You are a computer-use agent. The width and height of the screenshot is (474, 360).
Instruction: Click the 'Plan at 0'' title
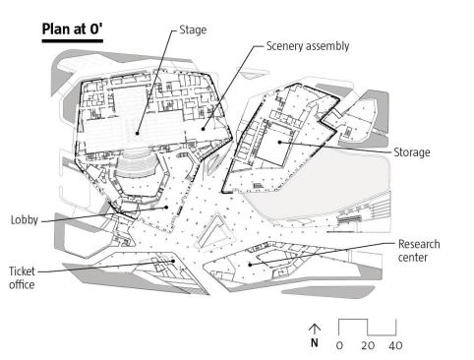click(73, 29)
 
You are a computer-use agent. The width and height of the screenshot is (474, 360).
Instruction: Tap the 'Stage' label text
click(193, 30)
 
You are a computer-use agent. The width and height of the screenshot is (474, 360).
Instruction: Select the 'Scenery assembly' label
click(308, 46)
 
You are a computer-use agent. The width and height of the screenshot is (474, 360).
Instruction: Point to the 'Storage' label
click(412, 152)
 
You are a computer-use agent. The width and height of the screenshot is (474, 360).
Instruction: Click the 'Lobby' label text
click(25, 219)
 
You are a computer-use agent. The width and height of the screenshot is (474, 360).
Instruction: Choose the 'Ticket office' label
click(22, 278)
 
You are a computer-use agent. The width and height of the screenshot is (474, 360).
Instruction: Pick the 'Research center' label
click(419, 251)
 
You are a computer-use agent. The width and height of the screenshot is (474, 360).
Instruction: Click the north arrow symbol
click(315, 330)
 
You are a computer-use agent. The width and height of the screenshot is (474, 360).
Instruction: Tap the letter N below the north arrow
click(315, 342)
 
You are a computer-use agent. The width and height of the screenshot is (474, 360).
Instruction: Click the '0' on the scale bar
click(339, 345)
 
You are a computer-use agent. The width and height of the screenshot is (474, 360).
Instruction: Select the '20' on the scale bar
click(368, 345)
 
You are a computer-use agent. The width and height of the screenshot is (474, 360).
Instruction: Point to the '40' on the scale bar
click(395, 345)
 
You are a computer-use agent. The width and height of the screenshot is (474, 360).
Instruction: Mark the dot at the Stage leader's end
click(138, 133)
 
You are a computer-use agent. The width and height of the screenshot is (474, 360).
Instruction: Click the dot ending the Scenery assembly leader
click(203, 129)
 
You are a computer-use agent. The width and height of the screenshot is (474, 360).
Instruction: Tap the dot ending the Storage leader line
click(279, 142)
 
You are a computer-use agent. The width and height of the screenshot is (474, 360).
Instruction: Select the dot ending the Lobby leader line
click(166, 208)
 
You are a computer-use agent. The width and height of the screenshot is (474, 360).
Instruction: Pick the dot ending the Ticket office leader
click(173, 261)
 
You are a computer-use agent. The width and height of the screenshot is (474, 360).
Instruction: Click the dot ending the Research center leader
click(250, 265)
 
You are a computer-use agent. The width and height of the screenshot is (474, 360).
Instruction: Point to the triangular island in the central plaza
click(214, 233)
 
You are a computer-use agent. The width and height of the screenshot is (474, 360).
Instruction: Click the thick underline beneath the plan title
click(73, 41)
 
